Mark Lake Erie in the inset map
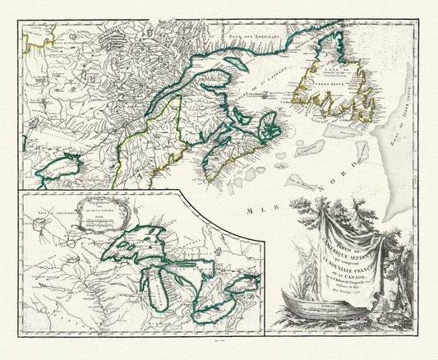(x=218, y=304)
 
